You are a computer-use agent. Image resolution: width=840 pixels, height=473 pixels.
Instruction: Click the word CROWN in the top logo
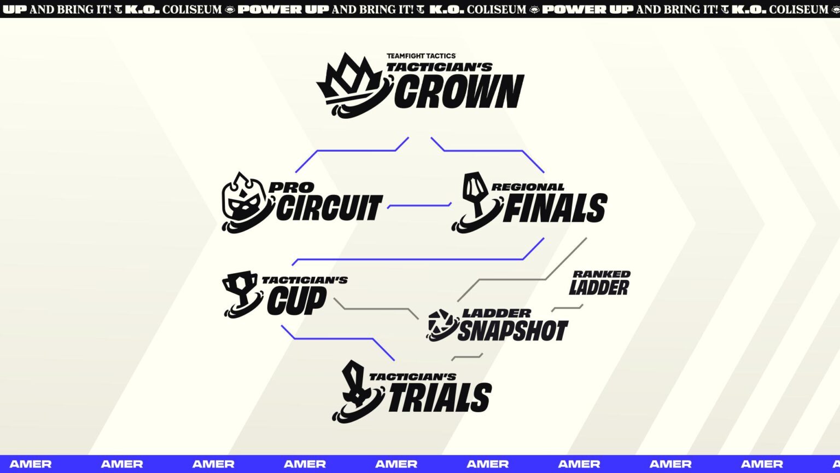[459, 91]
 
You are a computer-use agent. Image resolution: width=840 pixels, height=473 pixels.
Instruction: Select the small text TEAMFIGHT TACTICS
[421, 56]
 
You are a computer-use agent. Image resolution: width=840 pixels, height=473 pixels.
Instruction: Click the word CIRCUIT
[329, 207]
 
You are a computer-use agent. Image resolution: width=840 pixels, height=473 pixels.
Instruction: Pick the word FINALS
[555, 209]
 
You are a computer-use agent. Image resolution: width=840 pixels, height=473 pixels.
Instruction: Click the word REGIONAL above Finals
[528, 187]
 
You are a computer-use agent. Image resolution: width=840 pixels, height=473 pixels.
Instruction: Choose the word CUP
[297, 301]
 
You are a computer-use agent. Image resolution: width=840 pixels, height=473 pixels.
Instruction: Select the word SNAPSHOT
[512, 331]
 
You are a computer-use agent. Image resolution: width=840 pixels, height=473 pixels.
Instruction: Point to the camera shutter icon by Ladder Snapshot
[441, 325]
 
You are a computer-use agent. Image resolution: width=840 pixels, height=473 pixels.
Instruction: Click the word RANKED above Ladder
[602, 274]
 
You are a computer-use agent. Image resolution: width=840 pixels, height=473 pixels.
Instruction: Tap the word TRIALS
[440, 398]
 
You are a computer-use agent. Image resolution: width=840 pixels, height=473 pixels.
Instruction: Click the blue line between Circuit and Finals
[419, 206]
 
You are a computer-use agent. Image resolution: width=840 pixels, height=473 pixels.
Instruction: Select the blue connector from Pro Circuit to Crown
[355, 151]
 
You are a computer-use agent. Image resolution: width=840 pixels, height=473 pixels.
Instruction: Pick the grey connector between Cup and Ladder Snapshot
[377, 309]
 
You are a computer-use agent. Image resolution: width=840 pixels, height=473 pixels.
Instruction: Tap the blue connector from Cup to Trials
[334, 339]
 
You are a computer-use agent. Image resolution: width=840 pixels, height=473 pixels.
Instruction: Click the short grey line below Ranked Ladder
[567, 308]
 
